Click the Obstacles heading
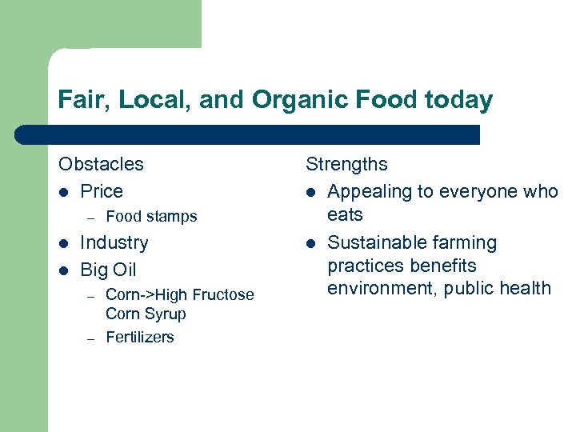(101, 164)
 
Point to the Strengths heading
(346, 164)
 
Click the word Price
(102, 191)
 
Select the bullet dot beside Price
(63, 192)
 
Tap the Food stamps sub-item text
(151, 216)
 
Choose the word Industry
(114, 242)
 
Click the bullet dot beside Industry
(63, 243)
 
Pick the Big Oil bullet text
(109, 270)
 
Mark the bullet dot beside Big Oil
(63, 270)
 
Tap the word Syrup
(166, 314)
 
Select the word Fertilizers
(140, 337)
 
